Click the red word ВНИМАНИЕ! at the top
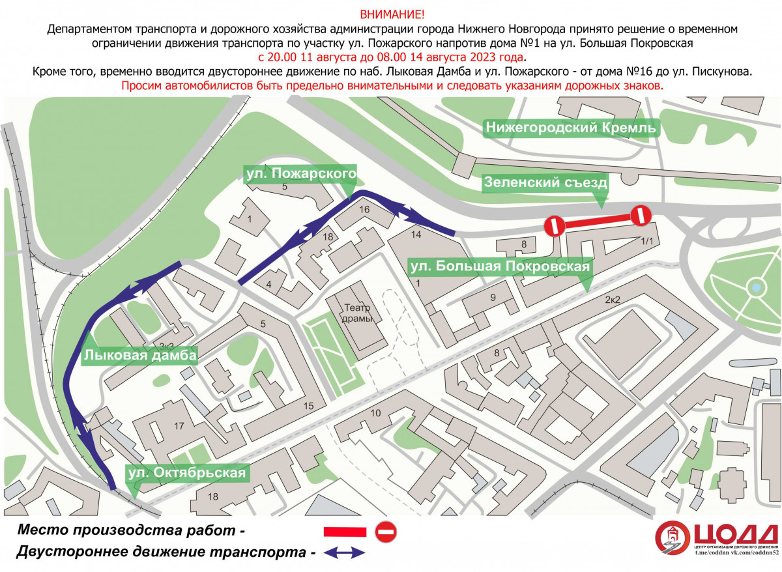point(392,14)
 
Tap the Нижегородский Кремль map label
point(571,128)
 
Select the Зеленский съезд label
point(545,182)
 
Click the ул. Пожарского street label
point(301,173)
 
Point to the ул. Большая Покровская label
point(500,267)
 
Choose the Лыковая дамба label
point(140,356)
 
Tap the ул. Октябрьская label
point(187,473)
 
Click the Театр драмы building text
point(357,313)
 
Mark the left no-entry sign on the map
point(555,226)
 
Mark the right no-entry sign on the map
point(641,215)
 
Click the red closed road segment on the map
point(598,221)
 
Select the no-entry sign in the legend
point(386,532)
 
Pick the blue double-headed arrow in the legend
point(344,553)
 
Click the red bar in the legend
point(345,532)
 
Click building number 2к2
point(613,300)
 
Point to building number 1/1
point(647,241)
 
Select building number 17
point(179,426)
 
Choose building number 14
point(416,235)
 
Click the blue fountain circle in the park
point(756,287)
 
